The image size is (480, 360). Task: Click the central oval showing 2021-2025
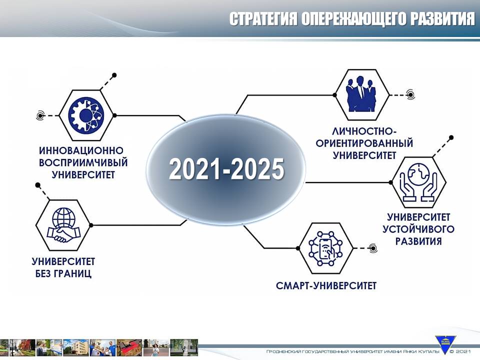coord(226,169)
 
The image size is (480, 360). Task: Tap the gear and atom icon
coord(86,115)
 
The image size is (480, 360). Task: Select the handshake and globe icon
coord(63,225)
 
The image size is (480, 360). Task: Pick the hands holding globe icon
coord(419,182)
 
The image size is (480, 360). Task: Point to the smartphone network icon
coord(325,248)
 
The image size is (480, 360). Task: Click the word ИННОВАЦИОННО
coord(81,150)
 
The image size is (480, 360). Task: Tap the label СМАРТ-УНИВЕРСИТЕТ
coord(326,285)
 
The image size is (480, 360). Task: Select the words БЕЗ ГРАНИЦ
coord(63,273)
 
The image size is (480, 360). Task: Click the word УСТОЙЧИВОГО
coord(418,229)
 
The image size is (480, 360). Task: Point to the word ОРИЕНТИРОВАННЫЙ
coord(364,143)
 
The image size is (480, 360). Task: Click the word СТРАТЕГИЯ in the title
coord(263,19)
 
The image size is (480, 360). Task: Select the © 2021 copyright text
coord(460,351)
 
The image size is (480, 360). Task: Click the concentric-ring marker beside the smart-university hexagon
coord(373,248)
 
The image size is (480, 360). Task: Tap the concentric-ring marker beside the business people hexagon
coord(410,95)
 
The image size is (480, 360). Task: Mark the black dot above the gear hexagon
coord(114,75)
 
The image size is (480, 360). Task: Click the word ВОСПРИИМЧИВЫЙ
coord(83,162)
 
